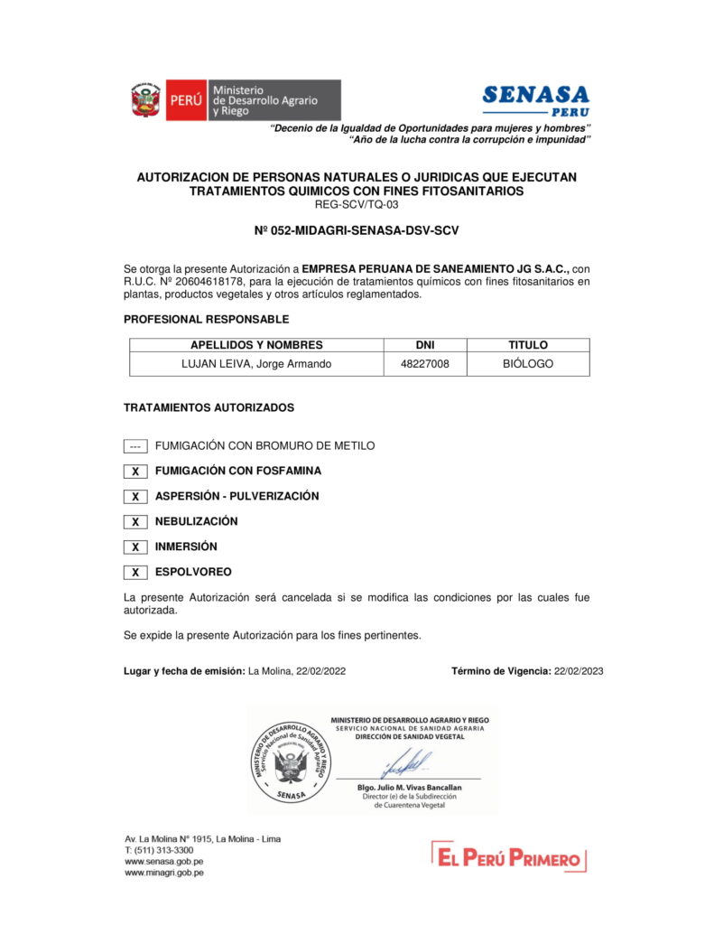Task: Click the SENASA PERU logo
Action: tap(535, 99)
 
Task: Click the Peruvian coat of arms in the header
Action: tap(144, 100)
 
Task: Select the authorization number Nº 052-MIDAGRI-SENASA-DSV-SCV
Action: tap(357, 230)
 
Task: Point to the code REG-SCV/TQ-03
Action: tap(357, 204)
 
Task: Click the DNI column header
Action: tap(424, 345)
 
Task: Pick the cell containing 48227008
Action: tap(424, 364)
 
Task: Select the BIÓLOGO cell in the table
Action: tap(528, 364)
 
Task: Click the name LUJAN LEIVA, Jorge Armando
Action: tap(256, 364)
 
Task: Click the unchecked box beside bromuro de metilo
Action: tap(135, 446)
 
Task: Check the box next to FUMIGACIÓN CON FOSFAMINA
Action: tap(135, 472)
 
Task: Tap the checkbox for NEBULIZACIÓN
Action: tap(135, 522)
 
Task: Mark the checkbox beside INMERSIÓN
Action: tap(135, 547)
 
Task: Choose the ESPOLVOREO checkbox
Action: tap(135, 573)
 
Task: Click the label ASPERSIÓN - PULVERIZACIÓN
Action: tap(236, 496)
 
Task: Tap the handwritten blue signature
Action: tap(406, 764)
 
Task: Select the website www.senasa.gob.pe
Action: tap(163, 862)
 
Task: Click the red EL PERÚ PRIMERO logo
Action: tap(508, 856)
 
